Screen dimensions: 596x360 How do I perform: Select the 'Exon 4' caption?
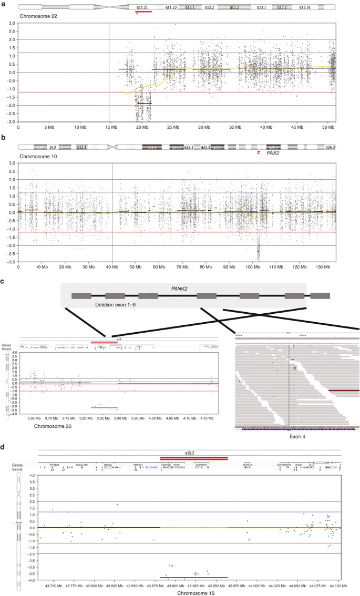(x=297, y=437)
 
